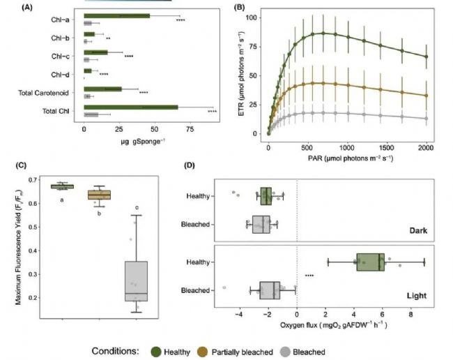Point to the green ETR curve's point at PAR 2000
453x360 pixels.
[x=426, y=57]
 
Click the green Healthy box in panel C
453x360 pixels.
[x=62, y=186]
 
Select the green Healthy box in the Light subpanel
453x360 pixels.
[x=370, y=262]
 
